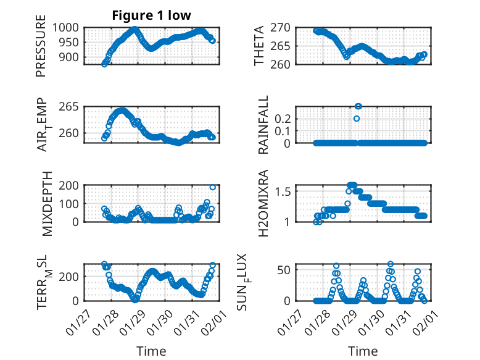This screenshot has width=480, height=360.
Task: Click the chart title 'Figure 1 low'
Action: tap(151, 15)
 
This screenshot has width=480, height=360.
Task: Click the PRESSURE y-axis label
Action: tap(41, 49)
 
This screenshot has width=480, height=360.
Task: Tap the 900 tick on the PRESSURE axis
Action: tap(70, 57)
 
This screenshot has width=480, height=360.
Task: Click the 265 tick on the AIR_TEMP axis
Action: tap(70, 107)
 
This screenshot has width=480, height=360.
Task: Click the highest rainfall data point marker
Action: tap(358, 106)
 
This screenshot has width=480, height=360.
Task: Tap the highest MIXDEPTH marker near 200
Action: tap(213, 187)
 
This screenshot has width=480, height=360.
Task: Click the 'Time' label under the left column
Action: tap(151, 351)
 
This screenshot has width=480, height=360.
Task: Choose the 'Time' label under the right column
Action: tap(363, 351)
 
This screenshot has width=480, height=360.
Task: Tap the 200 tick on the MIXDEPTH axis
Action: tap(70, 185)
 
